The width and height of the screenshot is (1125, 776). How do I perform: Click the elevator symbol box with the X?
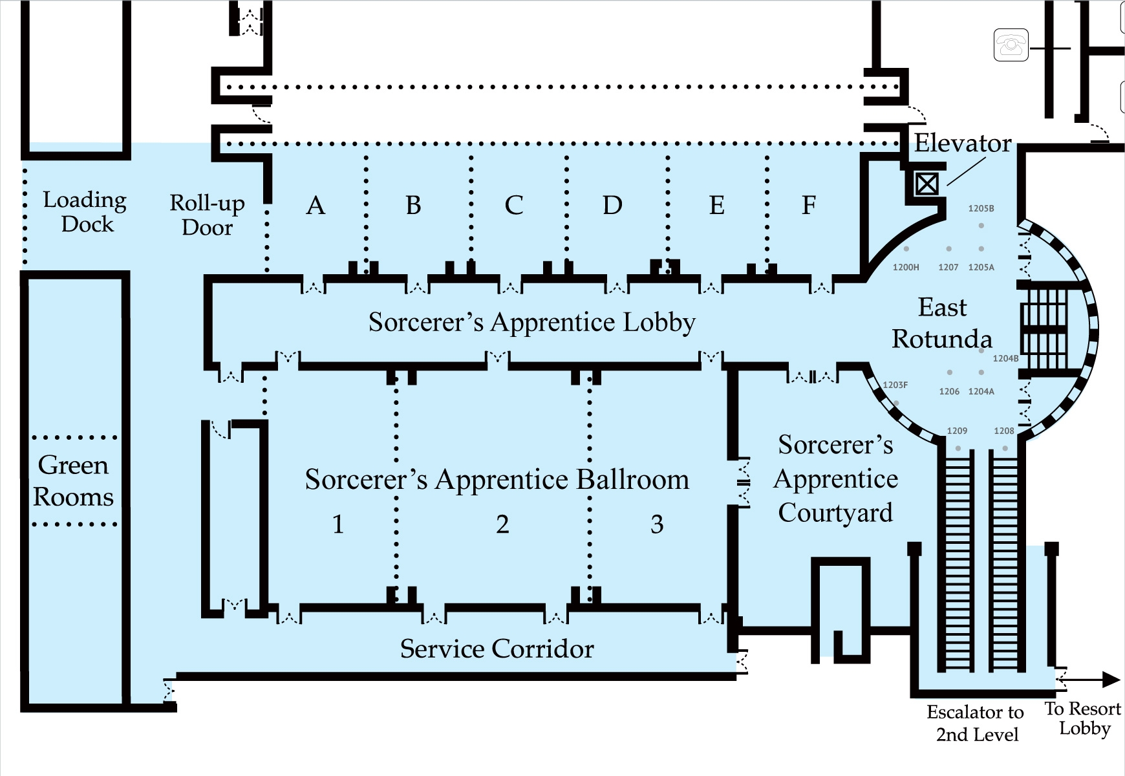pyautogui.click(x=927, y=184)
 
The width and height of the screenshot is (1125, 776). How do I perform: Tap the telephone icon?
pyautogui.click(x=1011, y=45)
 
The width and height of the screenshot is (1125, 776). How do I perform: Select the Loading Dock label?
pyautogui.click(x=85, y=211)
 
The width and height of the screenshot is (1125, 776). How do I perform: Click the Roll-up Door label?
pyautogui.click(x=207, y=215)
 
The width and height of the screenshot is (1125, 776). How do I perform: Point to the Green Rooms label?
pyautogui.click(x=73, y=480)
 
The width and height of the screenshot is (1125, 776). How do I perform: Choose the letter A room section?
pyautogui.click(x=316, y=206)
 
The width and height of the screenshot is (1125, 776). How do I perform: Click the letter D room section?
pyautogui.click(x=612, y=206)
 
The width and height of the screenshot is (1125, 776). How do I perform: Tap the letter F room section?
pyautogui.click(x=808, y=206)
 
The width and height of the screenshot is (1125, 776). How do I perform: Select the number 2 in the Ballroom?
pyautogui.click(x=502, y=524)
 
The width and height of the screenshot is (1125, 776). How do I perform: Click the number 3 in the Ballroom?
pyautogui.click(x=657, y=524)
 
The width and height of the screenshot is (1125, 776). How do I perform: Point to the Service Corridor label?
pyautogui.click(x=497, y=649)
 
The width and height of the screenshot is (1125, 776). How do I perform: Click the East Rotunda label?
pyautogui.click(x=942, y=323)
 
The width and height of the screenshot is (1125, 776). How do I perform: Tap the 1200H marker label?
pyautogui.click(x=905, y=267)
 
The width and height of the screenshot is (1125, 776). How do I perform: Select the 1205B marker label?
pyautogui.click(x=981, y=208)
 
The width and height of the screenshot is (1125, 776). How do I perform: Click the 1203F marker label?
pyautogui.click(x=895, y=385)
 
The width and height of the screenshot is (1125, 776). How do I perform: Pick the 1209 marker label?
pyautogui.click(x=957, y=431)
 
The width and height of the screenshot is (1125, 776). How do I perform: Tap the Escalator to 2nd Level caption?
pyautogui.click(x=976, y=723)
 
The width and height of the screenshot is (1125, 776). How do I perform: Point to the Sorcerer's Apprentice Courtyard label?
pyautogui.click(x=835, y=479)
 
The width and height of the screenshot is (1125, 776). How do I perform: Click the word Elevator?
pyautogui.click(x=962, y=144)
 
